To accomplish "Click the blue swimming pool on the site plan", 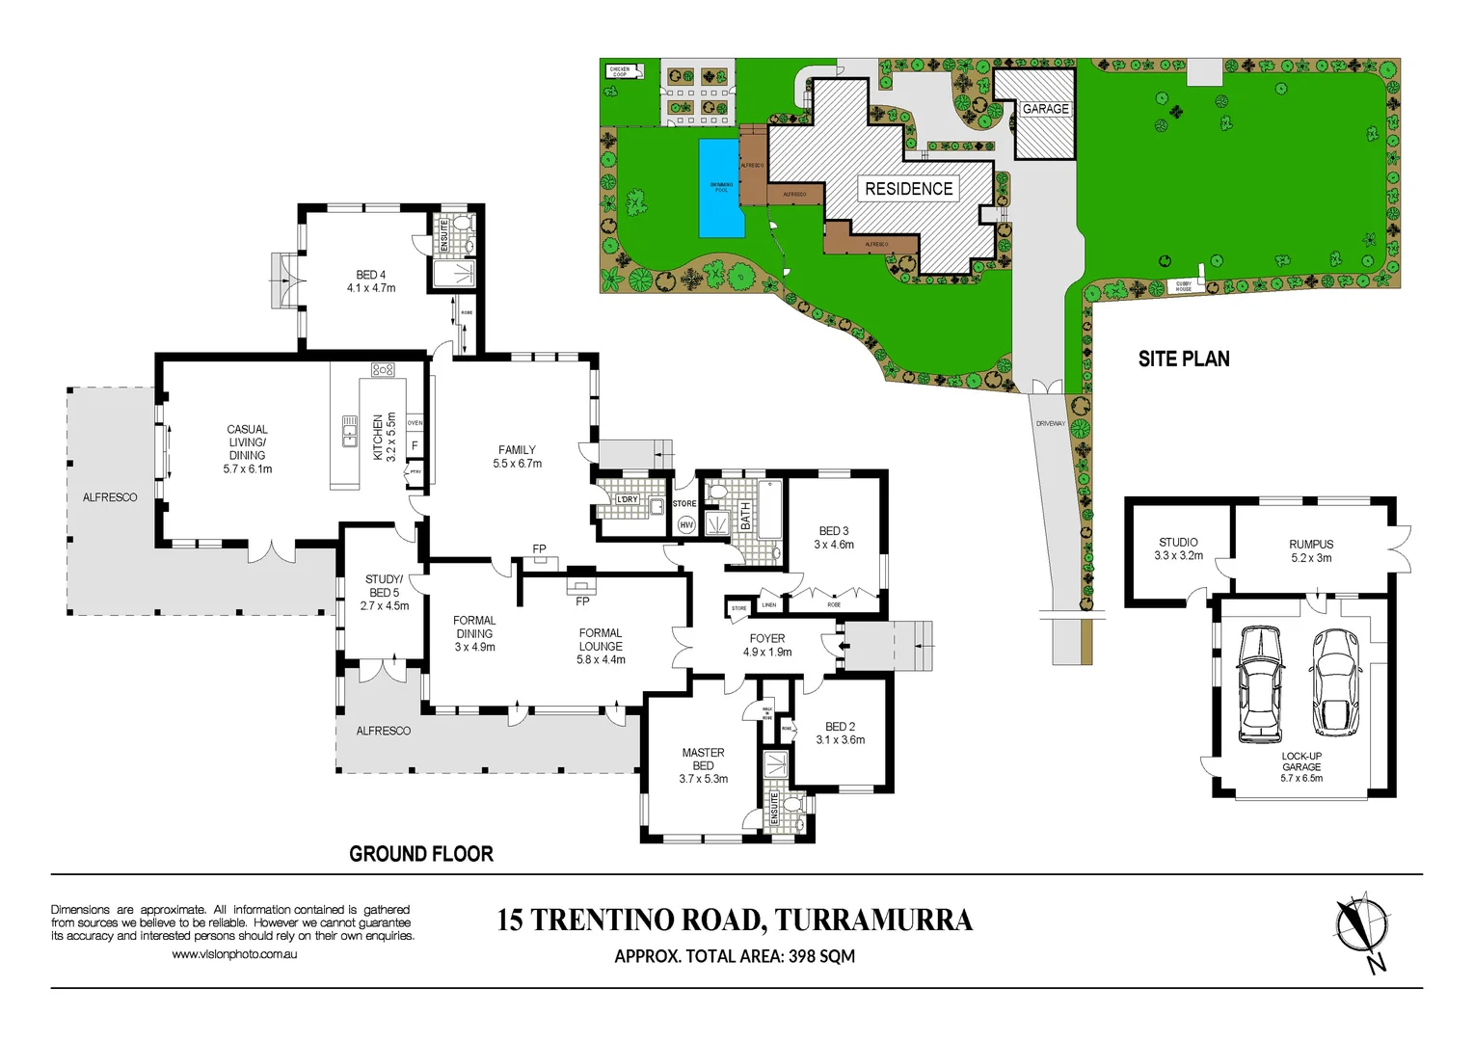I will pyautogui.click(x=721, y=188).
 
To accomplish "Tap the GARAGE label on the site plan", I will pyautogui.click(x=1045, y=109).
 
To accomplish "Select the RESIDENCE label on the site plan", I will pyautogui.click(x=908, y=189).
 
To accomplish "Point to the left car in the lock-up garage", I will pyautogui.click(x=1260, y=684).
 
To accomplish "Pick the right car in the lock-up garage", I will pyautogui.click(x=1334, y=682).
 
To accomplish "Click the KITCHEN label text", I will pyautogui.click(x=378, y=437).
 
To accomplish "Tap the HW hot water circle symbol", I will pyautogui.click(x=686, y=524).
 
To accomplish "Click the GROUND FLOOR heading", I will pyautogui.click(x=421, y=854).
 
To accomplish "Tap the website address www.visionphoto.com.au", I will pyautogui.click(x=234, y=954).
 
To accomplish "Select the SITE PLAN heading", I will pyautogui.click(x=1184, y=359).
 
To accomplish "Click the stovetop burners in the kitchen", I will pyautogui.click(x=383, y=369).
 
